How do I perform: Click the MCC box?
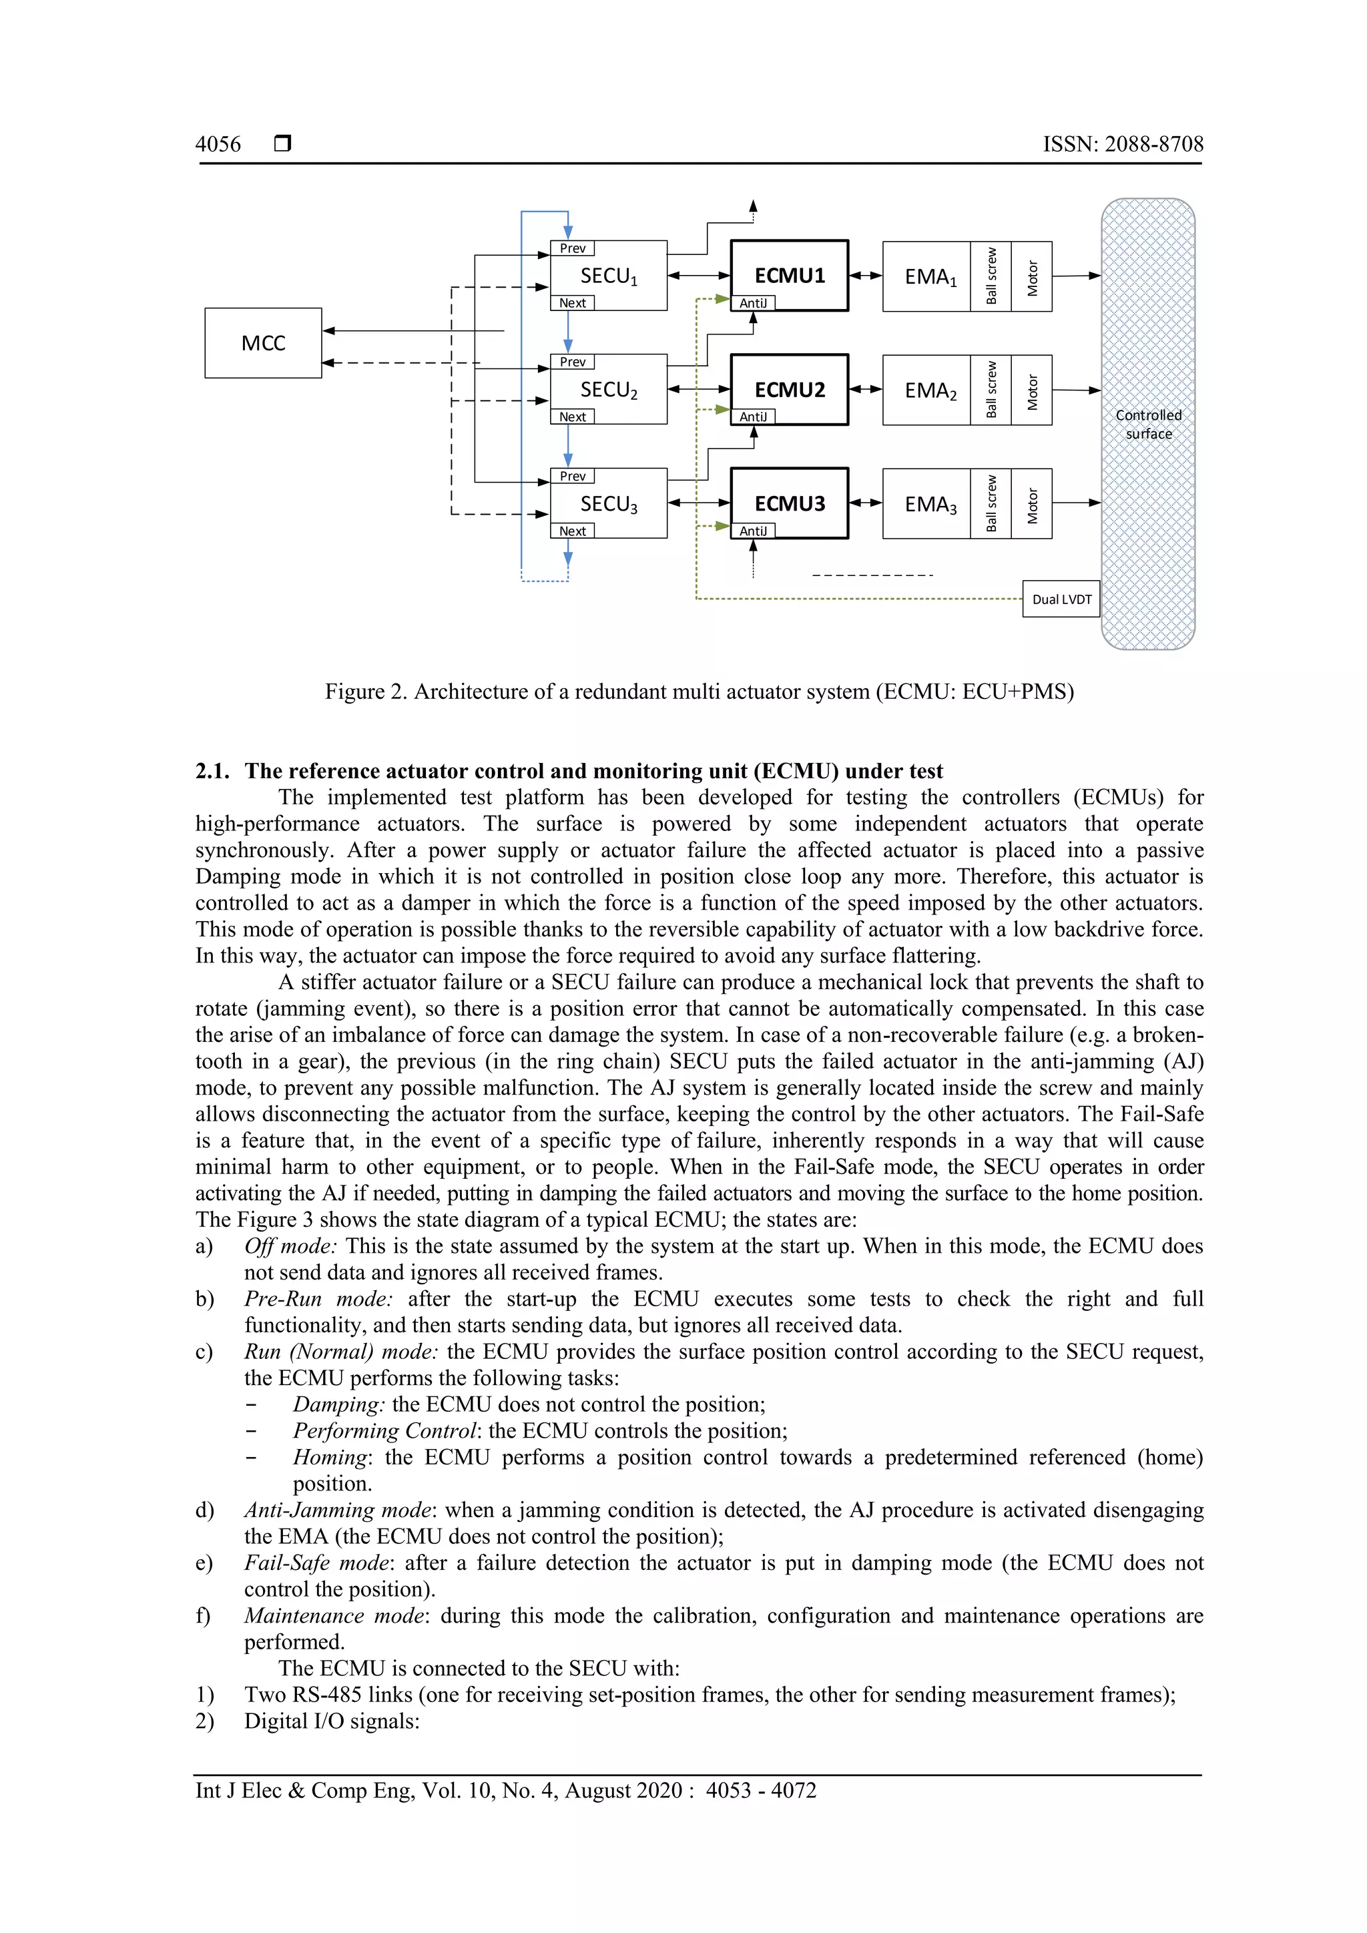tap(262, 342)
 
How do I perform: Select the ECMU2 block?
tap(789, 390)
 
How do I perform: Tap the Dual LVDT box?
tap(1061, 599)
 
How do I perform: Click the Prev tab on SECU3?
tap(573, 477)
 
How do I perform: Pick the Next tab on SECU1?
tap(573, 303)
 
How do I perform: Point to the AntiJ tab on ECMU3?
tap(752, 531)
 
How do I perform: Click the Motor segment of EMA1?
tap(1032, 277)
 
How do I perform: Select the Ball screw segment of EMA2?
tap(991, 390)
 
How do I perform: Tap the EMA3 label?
tap(929, 505)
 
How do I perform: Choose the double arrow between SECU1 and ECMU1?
tap(699, 275)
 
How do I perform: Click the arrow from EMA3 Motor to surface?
tap(1076, 503)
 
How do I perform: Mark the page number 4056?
tap(218, 145)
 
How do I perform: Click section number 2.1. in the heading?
tap(212, 771)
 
